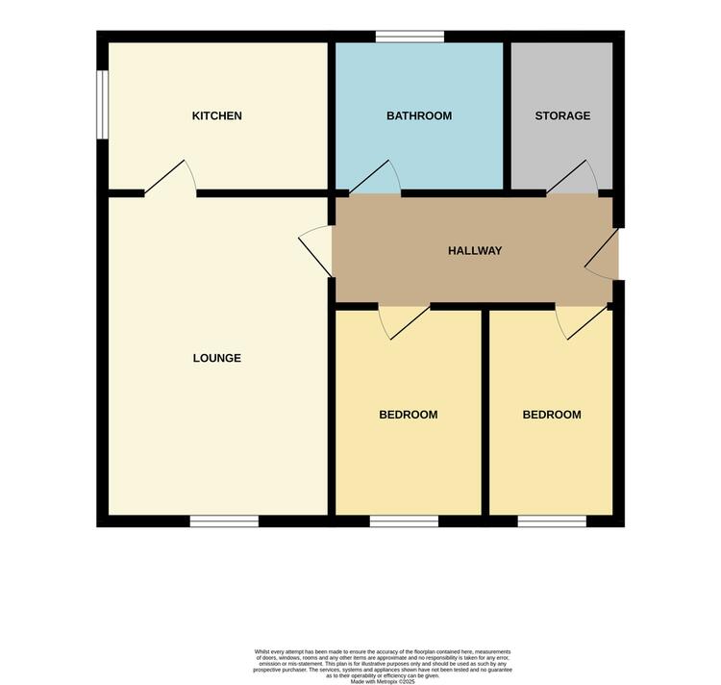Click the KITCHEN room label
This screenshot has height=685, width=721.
pyautogui.click(x=216, y=116)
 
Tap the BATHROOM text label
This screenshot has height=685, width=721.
pyautogui.click(x=418, y=116)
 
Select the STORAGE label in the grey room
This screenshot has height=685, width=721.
pyautogui.click(x=562, y=116)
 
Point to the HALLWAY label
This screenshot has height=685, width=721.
pyautogui.click(x=475, y=251)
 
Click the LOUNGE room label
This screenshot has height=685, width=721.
pyautogui.click(x=216, y=359)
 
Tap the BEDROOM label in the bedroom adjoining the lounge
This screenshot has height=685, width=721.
pyautogui.click(x=408, y=416)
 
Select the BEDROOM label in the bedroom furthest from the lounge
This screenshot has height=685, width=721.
pyautogui.click(x=552, y=416)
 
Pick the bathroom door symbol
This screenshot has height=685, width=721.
pyautogui.click(x=376, y=179)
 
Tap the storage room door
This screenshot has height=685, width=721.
pyautogui.click(x=573, y=179)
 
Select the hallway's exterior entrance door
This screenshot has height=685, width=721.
pyautogui.click(x=603, y=254)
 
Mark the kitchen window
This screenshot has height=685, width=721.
pyautogui.click(x=102, y=105)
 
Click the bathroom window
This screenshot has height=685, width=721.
pyautogui.click(x=410, y=37)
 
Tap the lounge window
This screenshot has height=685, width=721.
pyautogui.click(x=224, y=521)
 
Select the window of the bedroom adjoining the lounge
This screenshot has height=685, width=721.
pyautogui.click(x=404, y=521)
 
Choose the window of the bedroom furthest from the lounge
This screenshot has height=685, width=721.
pyautogui.click(x=552, y=521)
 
